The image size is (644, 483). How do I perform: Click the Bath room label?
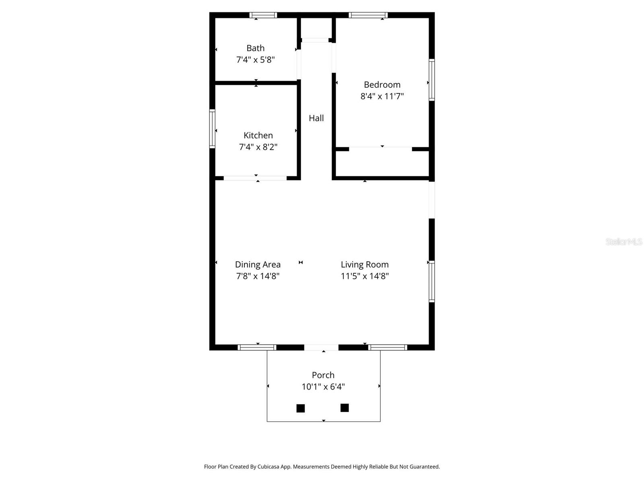[x=256, y=48]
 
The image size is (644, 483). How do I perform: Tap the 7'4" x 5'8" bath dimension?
[x=256, y=60]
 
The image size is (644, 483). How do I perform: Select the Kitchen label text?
[x=258, y=135]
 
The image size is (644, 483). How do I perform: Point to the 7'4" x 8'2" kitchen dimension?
[x=258, y=147]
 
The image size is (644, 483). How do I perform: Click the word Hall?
[x=316, y=118]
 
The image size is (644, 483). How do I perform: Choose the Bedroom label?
[x=382, y=85]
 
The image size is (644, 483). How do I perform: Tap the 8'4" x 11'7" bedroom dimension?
[x=382, y=96]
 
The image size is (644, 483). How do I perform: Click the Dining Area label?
[x=258, y=264]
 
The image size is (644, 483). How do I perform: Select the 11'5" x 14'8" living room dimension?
[x=365, y=276]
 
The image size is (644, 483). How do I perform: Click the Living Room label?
[x=365, y=264]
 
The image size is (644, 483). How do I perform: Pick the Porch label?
[x=323, y=375]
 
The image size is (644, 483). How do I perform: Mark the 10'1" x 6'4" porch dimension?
[x=323, y=387]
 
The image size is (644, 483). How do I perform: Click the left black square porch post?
[x=300, y=408]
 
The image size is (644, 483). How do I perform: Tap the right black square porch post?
[x=345, y=408]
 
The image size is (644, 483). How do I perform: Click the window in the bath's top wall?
[x=263, y=15]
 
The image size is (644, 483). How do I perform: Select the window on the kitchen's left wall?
[x=212, y=129]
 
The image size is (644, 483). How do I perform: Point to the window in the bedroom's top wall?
[x=368, y=15]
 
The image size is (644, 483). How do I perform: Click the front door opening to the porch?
[x=321, y=347]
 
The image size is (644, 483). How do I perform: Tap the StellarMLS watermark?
[x=624, y=242]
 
